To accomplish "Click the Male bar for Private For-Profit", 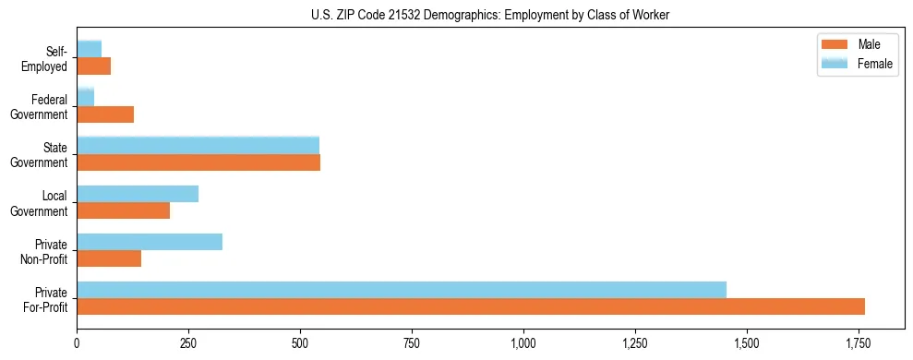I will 471,306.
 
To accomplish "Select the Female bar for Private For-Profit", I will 402,290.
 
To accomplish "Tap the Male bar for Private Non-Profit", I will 109,258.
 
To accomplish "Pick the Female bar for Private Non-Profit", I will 150,242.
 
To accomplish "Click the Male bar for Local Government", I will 123,210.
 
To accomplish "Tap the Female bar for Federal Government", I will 85,98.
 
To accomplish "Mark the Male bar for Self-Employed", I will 93,66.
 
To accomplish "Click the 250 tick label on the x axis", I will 188,343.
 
